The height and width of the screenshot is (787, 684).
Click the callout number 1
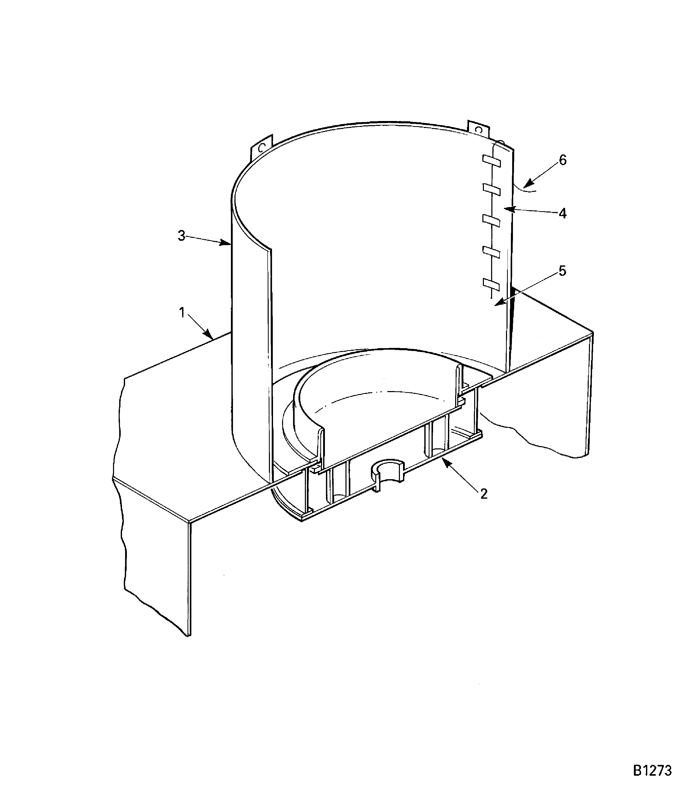pyautogui.click(x=182, y=313)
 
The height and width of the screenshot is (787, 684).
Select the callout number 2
pyautogui.click(x=484, y=494)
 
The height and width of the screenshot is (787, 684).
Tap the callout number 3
pyautogui.click(x=182, y=236)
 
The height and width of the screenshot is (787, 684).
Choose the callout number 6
pyautogui.click(x=563, y=160)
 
